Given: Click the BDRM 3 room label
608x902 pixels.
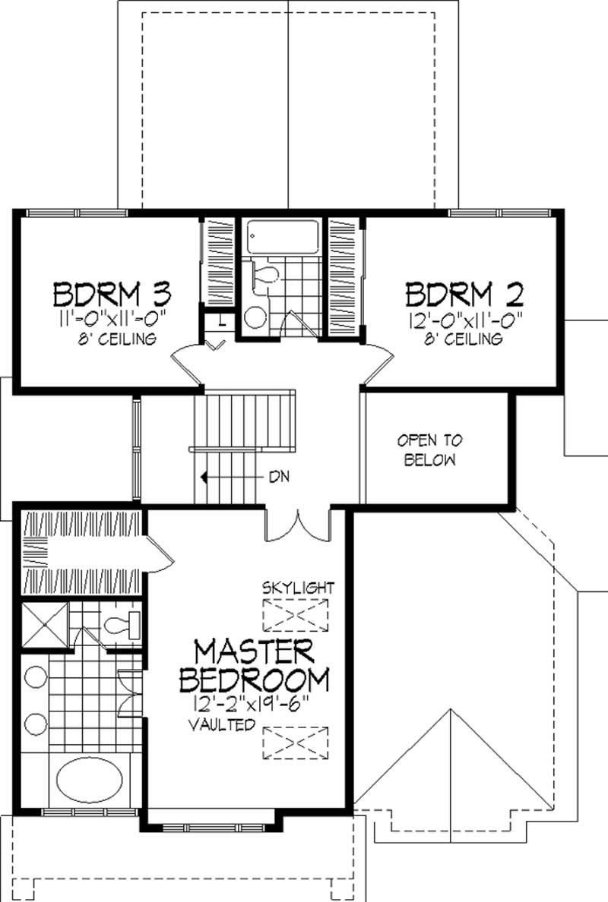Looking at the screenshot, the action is pos(112,294).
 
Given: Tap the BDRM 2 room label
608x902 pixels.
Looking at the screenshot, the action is pos(464,294).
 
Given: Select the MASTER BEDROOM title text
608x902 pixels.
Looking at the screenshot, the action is pos(254,666).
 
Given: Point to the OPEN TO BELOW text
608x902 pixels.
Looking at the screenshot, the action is pos(429,450).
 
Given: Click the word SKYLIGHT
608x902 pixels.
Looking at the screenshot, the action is pos(298,588).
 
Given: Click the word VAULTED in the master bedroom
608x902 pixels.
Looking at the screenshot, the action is pos(222,725).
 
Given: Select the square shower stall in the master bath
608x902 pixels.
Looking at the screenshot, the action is pos(46,626).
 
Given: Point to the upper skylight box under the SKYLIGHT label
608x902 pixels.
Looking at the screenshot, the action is pos(296,616).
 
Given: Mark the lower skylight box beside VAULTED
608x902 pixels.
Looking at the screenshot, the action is pos(296,743).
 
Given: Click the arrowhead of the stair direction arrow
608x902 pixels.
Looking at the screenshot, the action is pos(204,477).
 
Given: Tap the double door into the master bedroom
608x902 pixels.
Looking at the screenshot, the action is pos(297,523).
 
